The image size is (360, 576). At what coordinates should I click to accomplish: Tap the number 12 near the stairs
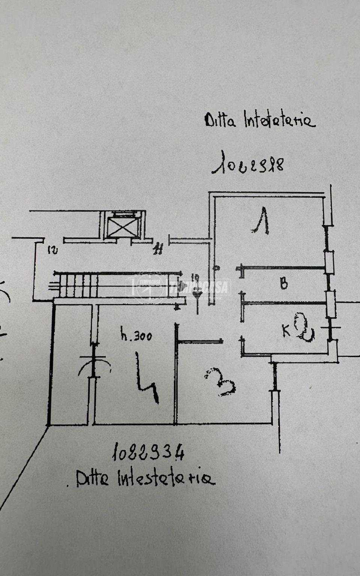coord(53,250)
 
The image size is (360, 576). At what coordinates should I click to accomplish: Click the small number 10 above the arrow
coord(195,278)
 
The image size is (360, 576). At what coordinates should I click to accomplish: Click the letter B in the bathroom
coord(284,284)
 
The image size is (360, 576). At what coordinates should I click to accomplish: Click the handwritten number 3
coord(220,382)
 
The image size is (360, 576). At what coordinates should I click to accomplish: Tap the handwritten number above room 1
coord(247,163)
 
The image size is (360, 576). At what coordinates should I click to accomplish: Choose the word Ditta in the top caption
coord(220,121)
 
